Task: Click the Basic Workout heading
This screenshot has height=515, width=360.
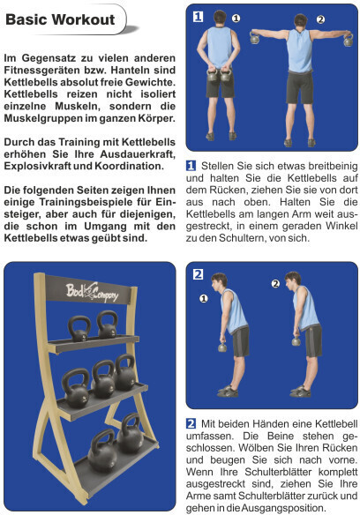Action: point(60,19)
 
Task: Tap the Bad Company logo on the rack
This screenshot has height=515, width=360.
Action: point(92,292)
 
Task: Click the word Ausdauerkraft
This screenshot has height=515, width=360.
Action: point(138,154)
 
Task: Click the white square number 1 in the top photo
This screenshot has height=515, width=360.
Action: point(198,16)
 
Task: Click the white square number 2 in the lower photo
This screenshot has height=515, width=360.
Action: point(198,274)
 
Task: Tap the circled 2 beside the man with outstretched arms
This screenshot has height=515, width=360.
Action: point(320,19)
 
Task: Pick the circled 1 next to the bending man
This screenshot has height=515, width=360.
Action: point(204,299)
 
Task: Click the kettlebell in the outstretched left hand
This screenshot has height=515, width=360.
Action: point(254,37)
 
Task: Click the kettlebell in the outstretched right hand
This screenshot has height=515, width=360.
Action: point(349,40)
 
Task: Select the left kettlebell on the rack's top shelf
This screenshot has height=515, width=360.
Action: point(79,328)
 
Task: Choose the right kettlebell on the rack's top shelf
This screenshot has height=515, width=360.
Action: point(108,325)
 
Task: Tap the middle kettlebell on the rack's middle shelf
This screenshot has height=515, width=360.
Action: point(103,379)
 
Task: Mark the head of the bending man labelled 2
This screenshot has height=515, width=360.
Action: point(293,280)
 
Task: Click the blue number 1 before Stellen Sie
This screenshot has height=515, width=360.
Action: point(191,166)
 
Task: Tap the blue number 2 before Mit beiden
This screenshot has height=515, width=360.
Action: point(191,423)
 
